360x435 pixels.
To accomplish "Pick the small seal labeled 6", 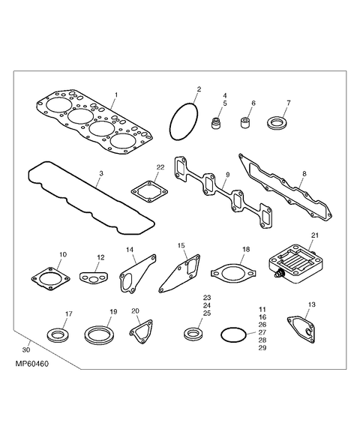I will point(244,121).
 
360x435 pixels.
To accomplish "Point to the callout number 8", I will point(304,173).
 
